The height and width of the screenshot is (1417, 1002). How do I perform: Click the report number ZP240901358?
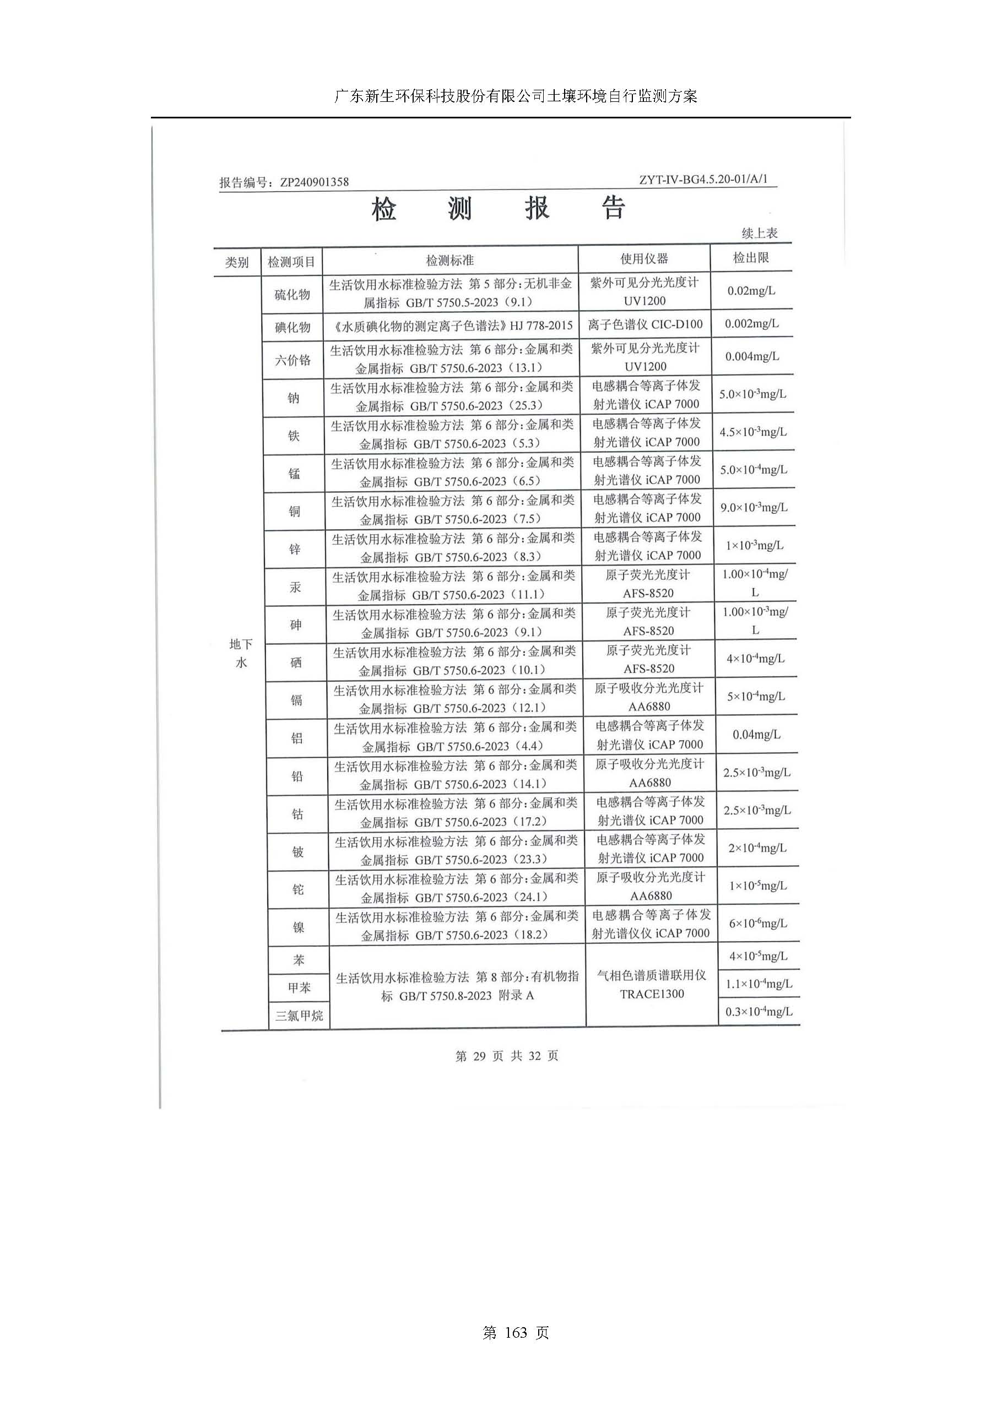(x=314, y=182)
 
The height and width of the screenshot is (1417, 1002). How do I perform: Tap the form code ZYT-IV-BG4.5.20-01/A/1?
(x=703, y=179)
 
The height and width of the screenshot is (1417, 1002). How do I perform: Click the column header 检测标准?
(x=449, y=260)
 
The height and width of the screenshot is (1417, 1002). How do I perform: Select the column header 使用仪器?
(x=644, y=259)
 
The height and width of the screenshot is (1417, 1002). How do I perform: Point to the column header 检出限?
(x=751, y=258)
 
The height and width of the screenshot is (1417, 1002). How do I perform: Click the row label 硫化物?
(x=292, y=295)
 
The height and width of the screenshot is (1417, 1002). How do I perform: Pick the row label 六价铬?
(x=293, y=360)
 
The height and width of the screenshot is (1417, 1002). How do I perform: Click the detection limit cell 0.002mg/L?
(x=751, y=323)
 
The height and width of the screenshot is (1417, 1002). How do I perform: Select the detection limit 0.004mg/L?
(x=752, y=356)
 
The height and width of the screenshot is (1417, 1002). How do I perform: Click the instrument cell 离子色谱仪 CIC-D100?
(x=644, y=324)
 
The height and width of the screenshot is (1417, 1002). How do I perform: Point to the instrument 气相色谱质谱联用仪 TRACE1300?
(x=652, y=984)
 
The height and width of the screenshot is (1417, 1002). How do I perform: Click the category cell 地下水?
(x=241, y=653)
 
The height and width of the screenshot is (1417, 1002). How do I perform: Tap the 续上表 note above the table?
(x=760, y=234)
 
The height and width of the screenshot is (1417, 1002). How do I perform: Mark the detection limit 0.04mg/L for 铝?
(x=756, y=735)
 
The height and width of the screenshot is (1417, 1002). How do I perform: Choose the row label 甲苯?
(x=299, y=987)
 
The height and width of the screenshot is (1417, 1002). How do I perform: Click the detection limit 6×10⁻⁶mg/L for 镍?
(x=757, y=924)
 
